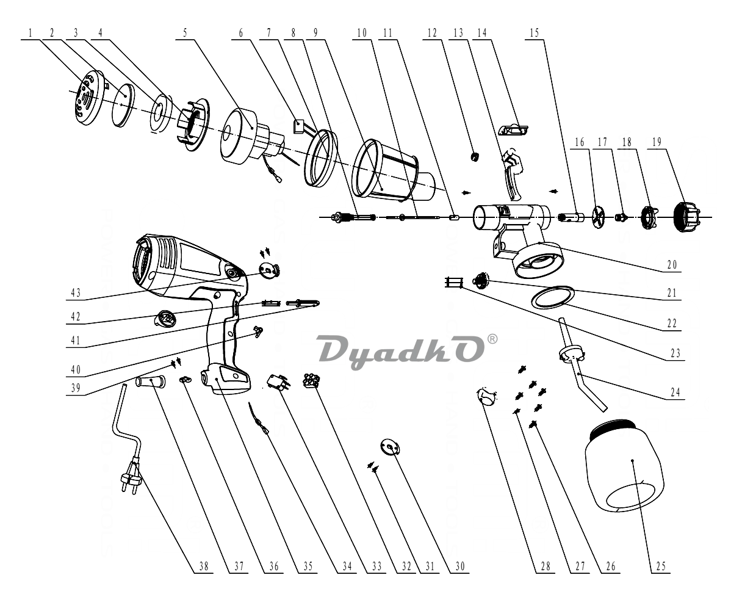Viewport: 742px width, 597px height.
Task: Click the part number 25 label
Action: click(x=661, y=566)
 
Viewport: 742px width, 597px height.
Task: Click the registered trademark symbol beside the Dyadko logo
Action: click(x=492, y=339)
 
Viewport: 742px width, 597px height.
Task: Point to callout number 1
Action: click(x=31, y=33)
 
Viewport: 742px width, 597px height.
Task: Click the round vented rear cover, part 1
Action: click(x=89, y=98)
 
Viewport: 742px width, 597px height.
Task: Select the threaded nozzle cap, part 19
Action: click(x=686, y=217)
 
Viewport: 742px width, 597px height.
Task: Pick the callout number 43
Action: click(x=76, y=293)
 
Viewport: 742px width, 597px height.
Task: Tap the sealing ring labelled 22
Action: click(x=553, y=297)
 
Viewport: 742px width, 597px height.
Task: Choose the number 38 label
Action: click(x=204, y=566)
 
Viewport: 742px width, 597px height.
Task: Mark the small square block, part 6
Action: click(x=298, y=126)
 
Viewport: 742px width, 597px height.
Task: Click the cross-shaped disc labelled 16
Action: click(x=598, y=217)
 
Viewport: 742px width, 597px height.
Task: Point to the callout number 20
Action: click(x=672, y=265)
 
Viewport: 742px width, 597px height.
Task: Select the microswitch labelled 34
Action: click(x=279, y=383)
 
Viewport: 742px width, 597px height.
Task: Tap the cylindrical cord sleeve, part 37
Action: click(x=150, y=382)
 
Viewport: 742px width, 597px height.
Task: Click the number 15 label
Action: click(x=534, y=33)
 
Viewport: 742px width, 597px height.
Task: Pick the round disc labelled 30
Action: click(x=390, y=447)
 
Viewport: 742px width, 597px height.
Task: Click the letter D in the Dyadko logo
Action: click(x=336, y=349)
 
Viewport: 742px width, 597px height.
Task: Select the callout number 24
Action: click(x=675, y=392)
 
